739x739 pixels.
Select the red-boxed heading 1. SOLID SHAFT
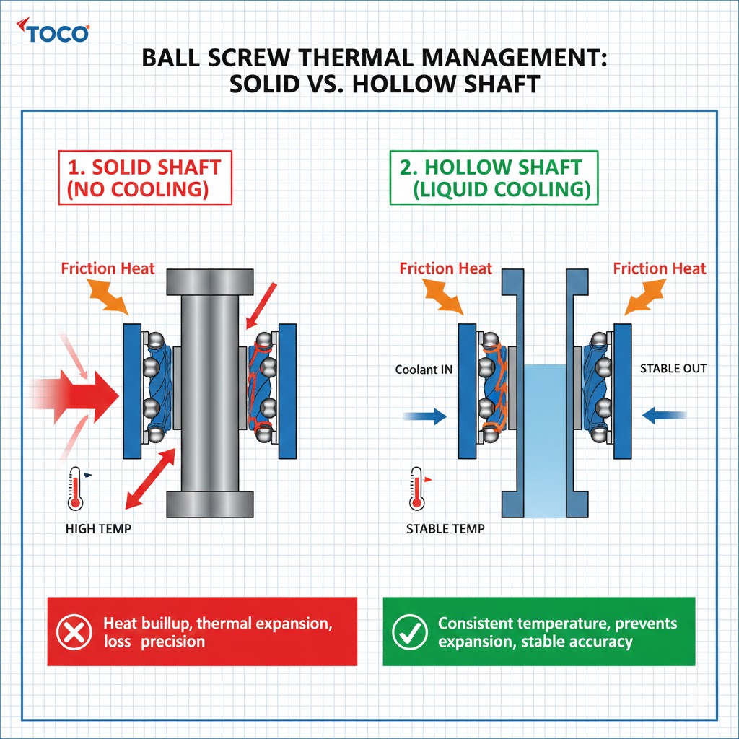click(144, 167)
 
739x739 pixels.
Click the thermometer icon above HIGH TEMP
click(74, 488)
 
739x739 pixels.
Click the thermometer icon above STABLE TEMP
click(415, 488)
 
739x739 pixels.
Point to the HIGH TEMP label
click(98, 529)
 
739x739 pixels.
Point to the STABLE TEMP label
click(445, 529)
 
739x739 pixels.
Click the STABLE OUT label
click(673, 369)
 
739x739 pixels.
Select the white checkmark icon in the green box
click(409, 631)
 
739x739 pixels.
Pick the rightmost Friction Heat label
click(660, 269)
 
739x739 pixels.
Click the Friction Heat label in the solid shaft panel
click(108, 269)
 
